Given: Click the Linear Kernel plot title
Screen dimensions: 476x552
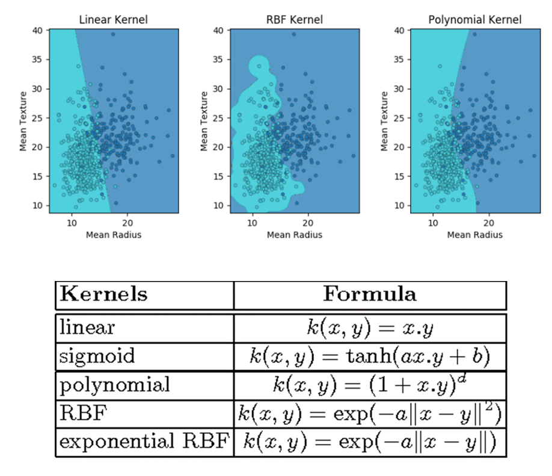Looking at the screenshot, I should point(113,20).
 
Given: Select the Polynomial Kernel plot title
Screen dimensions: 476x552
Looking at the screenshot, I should point(474,20).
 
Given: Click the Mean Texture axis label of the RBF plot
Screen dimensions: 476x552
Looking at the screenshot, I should point(204,121).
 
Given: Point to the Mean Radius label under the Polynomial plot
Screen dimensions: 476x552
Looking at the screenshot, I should point(474,235).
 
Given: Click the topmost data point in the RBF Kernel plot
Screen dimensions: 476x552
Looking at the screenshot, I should point(294,34).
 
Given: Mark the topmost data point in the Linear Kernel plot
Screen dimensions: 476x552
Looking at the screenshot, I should point(113,34).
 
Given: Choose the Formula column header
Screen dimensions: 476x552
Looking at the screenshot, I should point(370,294).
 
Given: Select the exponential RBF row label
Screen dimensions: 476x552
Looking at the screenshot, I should point(144,442).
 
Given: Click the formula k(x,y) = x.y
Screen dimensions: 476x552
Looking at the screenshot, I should point(370,328).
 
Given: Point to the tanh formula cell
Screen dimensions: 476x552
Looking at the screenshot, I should point(370,356).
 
